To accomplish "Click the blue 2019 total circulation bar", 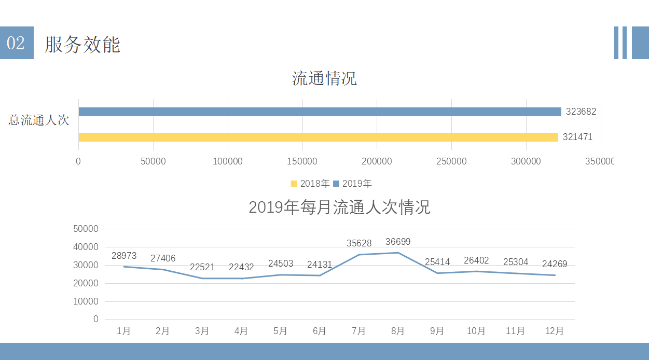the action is point(320,112).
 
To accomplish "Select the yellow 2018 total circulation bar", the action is point(319,137).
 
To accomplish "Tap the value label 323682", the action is point(581,112).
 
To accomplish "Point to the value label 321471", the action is point(577,137).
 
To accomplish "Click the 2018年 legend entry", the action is point(310,183).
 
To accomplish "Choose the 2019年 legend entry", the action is point(352,183).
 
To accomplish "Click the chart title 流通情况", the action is point(324,78).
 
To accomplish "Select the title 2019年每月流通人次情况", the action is point(340,207).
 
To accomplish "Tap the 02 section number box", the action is point(17,43).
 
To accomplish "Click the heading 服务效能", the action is point(82,44).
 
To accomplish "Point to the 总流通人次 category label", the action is point(39,120).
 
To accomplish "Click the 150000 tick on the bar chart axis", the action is point(302,161).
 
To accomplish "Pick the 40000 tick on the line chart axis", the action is point(86,247).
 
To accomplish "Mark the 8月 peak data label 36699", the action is point(398,242).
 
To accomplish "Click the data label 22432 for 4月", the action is point(241,267).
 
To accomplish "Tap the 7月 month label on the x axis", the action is point(358,331).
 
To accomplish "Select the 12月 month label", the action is point(554,331).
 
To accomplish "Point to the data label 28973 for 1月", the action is point(124,255).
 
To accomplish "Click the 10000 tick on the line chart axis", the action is point(86,301).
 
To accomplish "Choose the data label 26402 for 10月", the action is point(476,260).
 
